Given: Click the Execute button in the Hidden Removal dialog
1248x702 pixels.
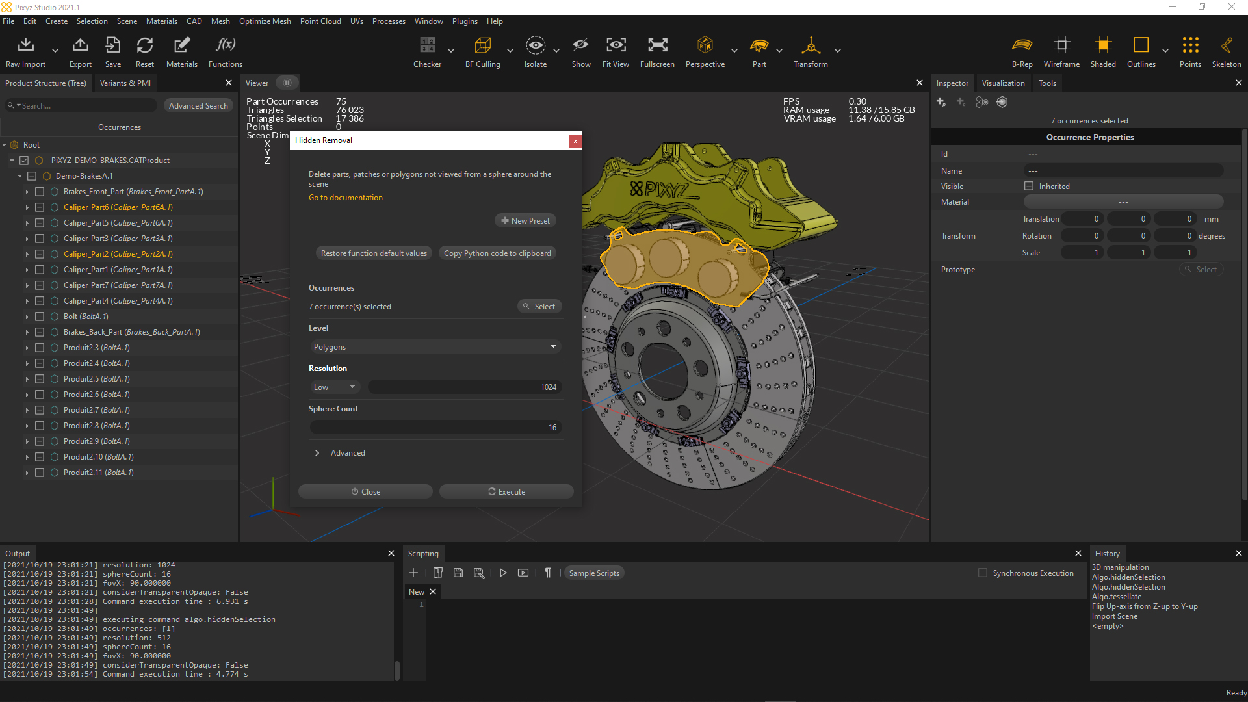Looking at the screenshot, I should click(x=506, y=492).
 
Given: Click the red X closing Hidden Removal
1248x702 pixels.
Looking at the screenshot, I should click(x=575, y=141).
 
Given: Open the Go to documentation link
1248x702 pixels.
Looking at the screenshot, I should click(x=346, y=198).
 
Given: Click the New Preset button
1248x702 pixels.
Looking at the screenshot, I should click(x=525, y=221).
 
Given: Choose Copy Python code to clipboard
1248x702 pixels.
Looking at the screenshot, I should click(x=497, y=253).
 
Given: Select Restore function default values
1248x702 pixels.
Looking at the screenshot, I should click(x=374, y=253).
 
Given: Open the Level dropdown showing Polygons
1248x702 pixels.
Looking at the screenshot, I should click(x=434, y=347).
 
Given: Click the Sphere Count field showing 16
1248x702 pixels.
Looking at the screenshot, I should click(x=435, y=428).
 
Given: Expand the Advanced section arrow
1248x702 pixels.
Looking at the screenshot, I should click(x=317, y=453).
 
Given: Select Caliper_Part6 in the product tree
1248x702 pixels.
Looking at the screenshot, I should click(x=118, y=207).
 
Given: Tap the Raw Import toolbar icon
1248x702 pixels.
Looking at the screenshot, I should click(x=26, y=45).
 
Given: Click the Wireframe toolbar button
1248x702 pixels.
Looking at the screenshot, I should click(x=1061, y=45).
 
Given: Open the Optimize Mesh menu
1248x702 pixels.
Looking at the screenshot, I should click(x=265, y=21).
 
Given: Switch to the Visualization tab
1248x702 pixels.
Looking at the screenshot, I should click(x=1003, y=83).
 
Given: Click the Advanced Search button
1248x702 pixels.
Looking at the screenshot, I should click(x=198, y=106).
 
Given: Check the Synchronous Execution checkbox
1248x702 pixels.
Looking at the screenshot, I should click(x=983, y=573).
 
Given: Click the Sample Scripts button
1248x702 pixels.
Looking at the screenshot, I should click(x=594, y=573).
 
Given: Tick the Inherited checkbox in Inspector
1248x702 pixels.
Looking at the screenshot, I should click(x=1029, y=187).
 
